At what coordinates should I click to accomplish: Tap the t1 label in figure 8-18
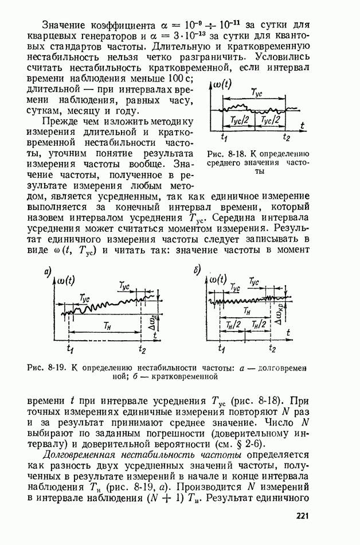(x=224, y=138)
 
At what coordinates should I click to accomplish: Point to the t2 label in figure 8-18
(x=287, y=138)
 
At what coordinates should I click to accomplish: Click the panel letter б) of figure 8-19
(x=198, y=271)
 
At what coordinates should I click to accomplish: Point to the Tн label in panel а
(x=107, y=325)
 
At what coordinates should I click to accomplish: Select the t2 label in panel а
(x=142, y=349)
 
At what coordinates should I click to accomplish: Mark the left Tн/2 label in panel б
(x=233, y=325)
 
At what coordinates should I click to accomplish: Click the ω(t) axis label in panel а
(x=72, y=281)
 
